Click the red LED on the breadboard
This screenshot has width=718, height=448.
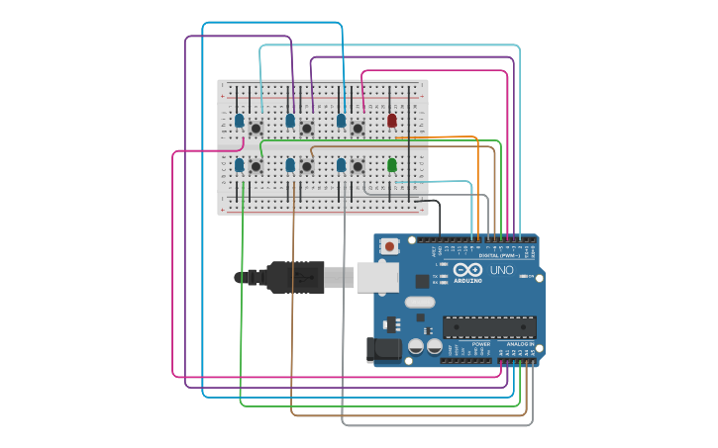[392, 121]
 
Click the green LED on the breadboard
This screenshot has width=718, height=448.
[392, 165]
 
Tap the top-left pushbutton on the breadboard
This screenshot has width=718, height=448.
[256, 128]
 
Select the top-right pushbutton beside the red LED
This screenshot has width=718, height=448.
[358, 128]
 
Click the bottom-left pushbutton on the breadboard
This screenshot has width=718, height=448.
[256, 166]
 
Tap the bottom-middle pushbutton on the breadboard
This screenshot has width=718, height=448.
[307, 166]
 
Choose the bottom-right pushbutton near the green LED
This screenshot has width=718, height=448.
[358, 166]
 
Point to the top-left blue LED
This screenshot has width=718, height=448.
[239, 121]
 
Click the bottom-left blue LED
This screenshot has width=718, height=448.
[239, 165]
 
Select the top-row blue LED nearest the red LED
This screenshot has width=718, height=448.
[341, 121]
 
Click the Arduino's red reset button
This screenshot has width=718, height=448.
[390, 246]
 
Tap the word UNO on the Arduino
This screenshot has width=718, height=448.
[502, 270]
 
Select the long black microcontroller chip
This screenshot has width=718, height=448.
[489, 327]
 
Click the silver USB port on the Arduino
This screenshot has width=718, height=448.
[377, 277]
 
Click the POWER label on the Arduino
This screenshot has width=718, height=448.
[481, 344]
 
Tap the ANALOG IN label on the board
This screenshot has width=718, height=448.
[521, 344]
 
